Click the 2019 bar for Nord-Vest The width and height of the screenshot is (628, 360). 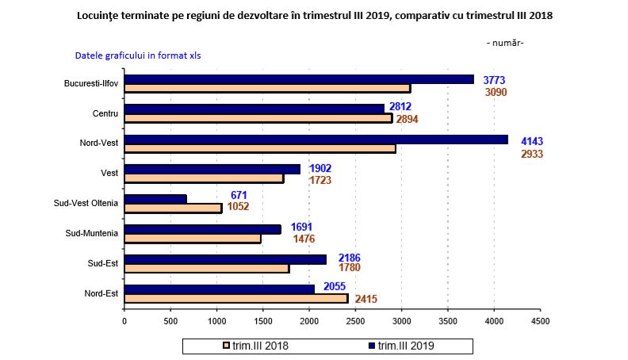(316, 140)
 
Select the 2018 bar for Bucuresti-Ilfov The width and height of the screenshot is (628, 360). (267, 88)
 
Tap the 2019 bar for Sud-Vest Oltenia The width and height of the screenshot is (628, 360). (155, 198)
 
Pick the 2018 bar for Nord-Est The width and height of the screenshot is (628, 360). (236, 298)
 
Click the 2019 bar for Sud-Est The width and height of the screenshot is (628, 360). (225, 259)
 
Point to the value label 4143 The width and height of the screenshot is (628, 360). (531, 141)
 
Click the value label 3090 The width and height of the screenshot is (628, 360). (496, 92)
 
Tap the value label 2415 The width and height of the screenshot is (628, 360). (366, 299)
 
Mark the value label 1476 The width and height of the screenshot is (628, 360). (304, 239)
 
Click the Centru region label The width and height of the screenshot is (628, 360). (105, 113)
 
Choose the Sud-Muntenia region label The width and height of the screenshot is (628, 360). (92, 233)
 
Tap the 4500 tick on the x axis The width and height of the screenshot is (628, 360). (541, 321)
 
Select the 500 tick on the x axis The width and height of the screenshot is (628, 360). (170, 321)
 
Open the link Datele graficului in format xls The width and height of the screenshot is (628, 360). (143, 56)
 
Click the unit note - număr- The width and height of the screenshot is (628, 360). (504, 42)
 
